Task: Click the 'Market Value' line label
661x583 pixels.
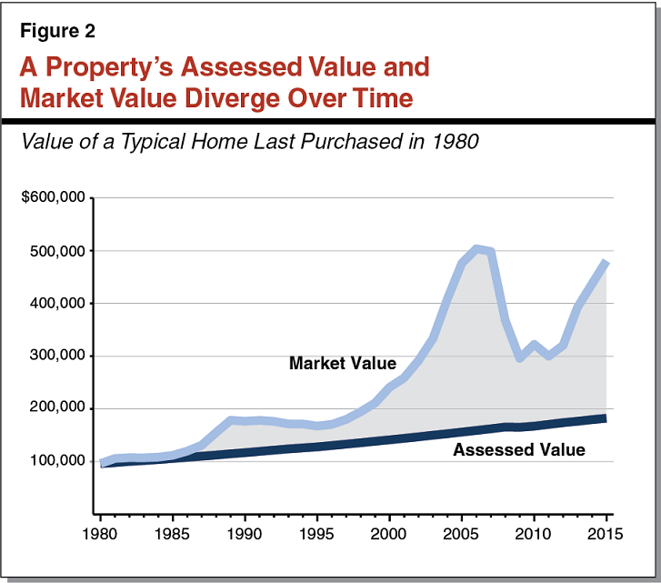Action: (342, 364)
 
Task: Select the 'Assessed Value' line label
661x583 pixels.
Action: (518, 449)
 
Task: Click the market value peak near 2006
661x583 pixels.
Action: (476, 248)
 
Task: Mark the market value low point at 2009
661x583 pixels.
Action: (519, 357)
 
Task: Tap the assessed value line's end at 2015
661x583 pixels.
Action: (605, 418)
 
